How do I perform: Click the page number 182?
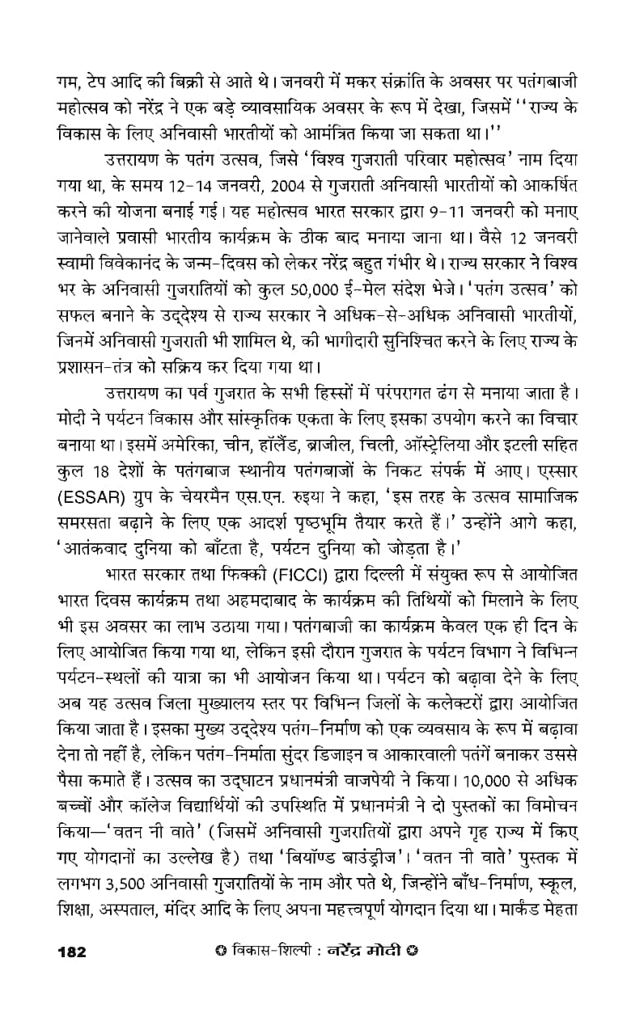point(71,973)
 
